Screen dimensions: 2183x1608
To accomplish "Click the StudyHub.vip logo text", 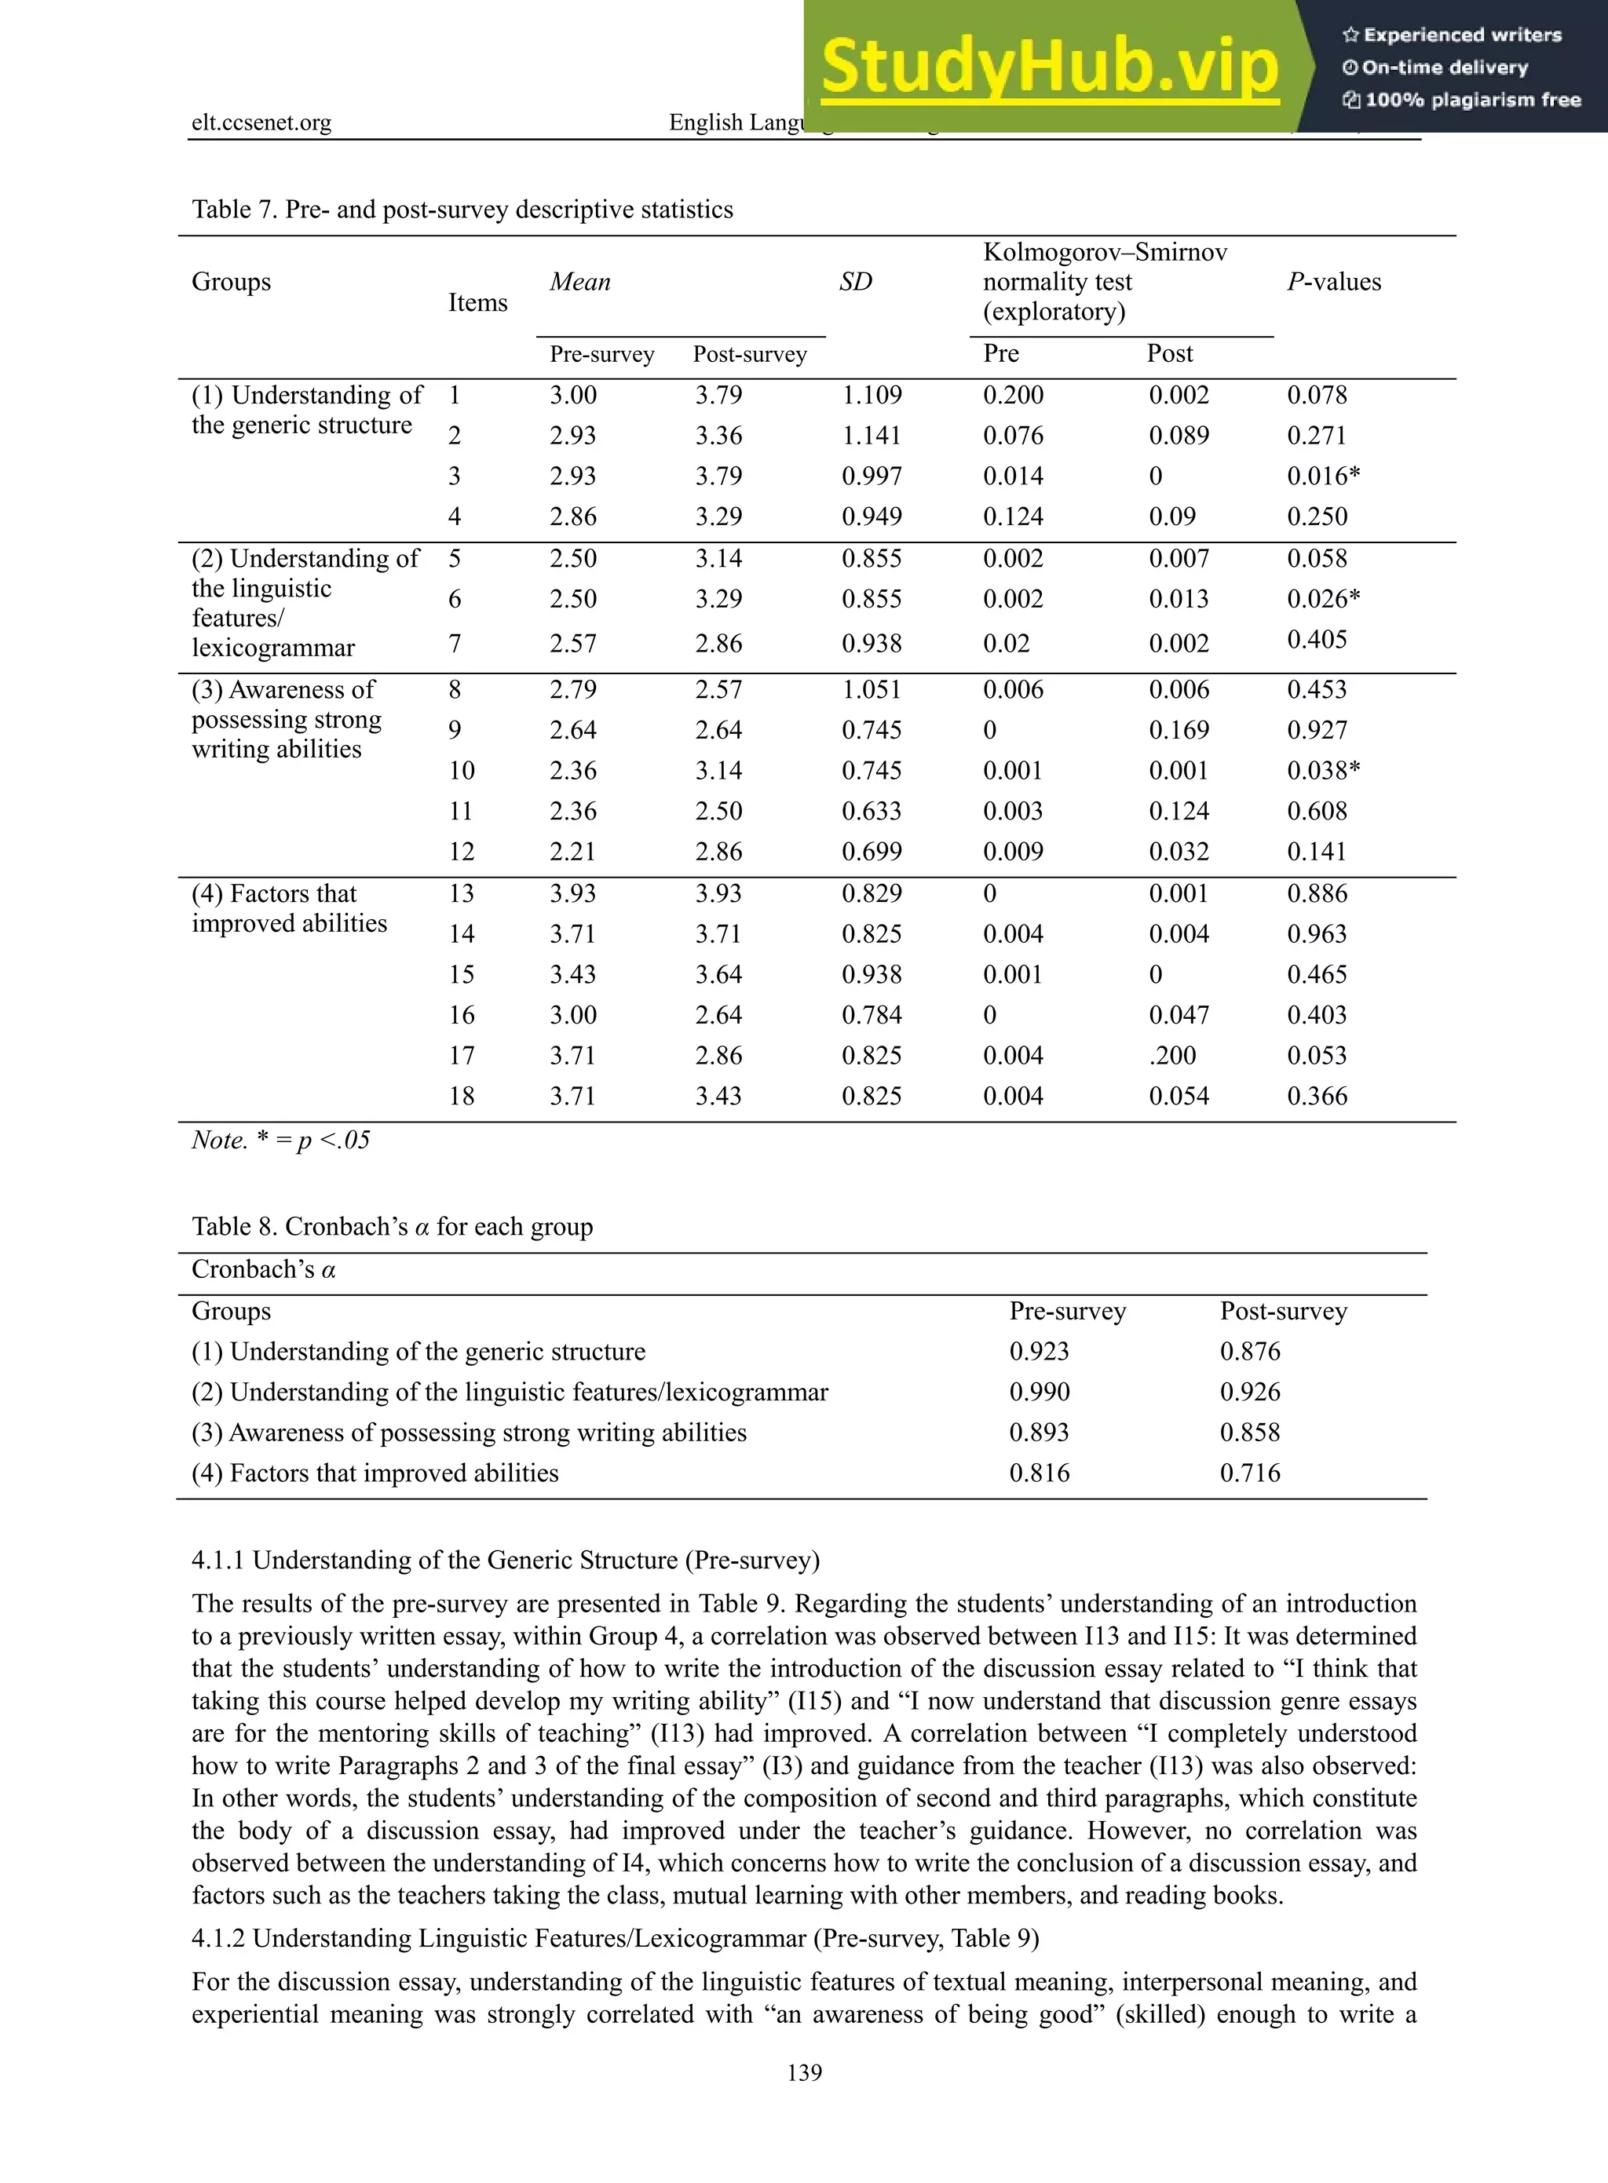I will (1049, 66).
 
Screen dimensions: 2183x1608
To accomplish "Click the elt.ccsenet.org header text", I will (261, 122).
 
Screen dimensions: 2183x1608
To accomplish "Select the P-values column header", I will (1333, 283).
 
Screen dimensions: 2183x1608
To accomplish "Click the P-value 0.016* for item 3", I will (1323, 476).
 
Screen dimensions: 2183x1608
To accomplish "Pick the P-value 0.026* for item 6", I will (1323, 599).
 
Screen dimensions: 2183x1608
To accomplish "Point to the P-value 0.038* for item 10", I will (1323, 771).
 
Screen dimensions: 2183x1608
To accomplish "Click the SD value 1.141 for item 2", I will (872, 435).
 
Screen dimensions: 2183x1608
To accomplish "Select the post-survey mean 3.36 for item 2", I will (718, 435).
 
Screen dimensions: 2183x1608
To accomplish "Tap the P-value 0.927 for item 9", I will (1317, 730).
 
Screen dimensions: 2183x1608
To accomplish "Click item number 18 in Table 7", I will (462, 1096).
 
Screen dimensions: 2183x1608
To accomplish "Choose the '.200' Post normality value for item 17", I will (1172, 1055).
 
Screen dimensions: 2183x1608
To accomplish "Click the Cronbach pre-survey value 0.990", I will (1039, 1392).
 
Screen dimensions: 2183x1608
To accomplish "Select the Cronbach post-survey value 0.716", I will (1250, 1473).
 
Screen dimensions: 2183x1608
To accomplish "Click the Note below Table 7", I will (280, 1140).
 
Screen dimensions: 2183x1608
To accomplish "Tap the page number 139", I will (804, 2072).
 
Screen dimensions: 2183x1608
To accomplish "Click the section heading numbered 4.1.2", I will (614, 1938).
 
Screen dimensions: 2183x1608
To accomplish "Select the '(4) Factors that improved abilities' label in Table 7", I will (288, 908).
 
